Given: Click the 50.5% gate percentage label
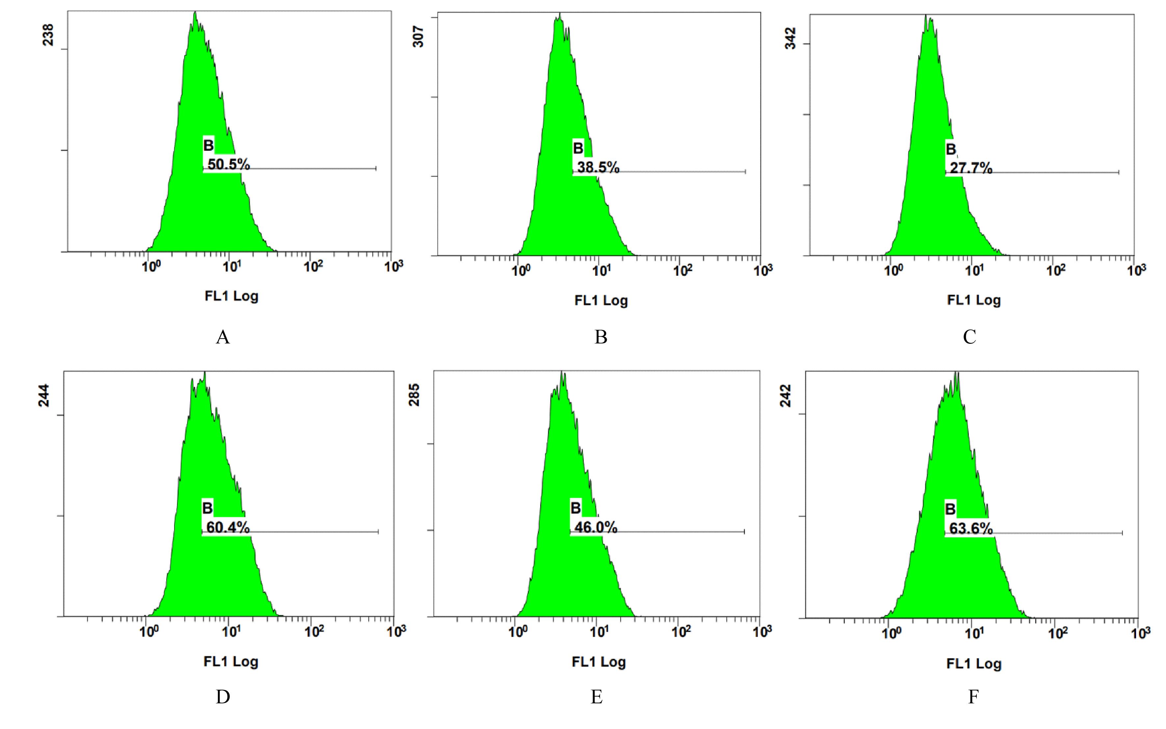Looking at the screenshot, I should click(x=229, y=164).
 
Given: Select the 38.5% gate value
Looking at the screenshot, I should click(x=598, y=167).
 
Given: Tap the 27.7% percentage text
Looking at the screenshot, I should click(x=971, y=168).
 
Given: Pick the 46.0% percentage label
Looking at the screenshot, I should click(x=596, y=527).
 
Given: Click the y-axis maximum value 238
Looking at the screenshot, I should click(x=49, y=35).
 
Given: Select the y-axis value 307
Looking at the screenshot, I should click(x=418, y=36).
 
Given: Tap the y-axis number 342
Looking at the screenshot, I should click(x=791, y=38).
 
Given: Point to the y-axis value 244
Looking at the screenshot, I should click(x=44, y=395).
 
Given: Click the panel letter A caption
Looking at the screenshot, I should click(x=223, y=337).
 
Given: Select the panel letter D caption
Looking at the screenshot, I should click(x=223, y=697).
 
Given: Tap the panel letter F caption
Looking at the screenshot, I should click(x=973, y=697).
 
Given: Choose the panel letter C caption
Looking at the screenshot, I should click(x=969, y=337).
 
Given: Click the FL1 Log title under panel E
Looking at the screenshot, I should click(x=598, y=662).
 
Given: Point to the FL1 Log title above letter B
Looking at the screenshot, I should click(x=601, y=301).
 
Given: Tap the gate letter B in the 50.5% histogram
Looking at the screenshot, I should click(x=208, y=145).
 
